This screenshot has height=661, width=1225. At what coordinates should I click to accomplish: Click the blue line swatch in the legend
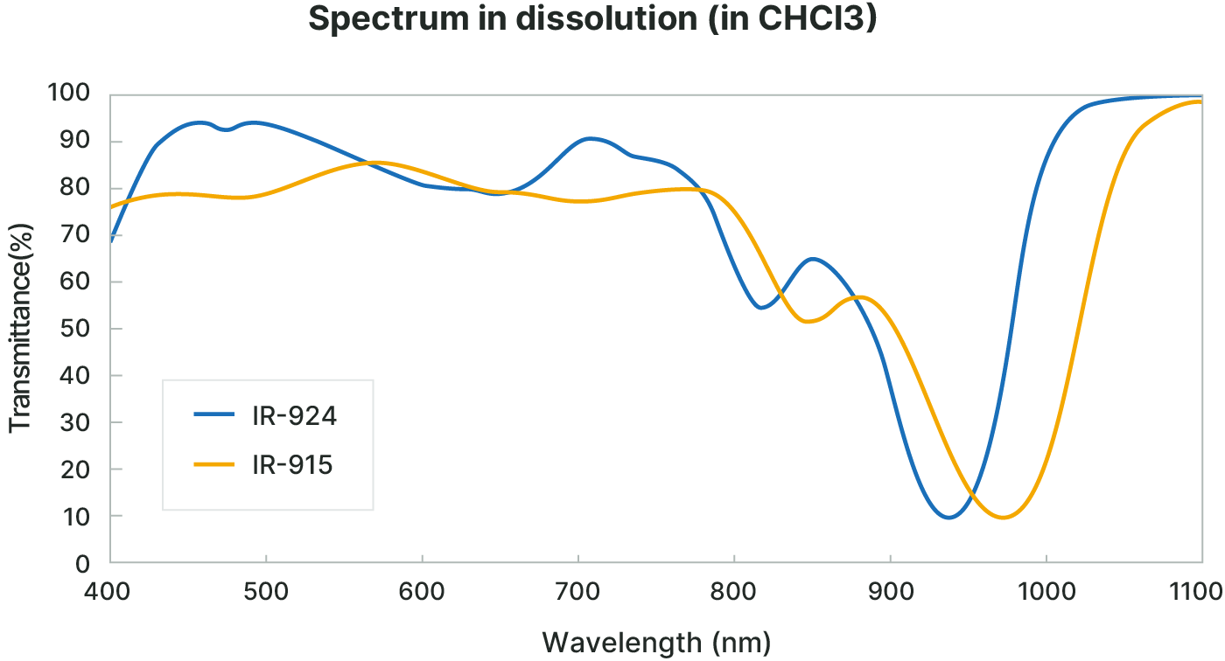214,415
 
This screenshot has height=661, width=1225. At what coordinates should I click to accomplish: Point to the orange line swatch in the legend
214,464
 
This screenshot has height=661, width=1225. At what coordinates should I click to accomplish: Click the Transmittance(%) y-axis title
20,328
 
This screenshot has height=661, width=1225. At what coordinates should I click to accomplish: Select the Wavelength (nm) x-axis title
656,644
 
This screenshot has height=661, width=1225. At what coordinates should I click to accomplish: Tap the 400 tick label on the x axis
109,592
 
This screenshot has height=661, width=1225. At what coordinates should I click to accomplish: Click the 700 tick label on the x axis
578,592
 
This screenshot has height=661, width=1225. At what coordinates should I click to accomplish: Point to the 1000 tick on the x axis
1046,592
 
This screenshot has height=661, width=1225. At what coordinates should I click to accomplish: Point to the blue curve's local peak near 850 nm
813,259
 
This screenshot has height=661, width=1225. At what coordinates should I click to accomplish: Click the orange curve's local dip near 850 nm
809,322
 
